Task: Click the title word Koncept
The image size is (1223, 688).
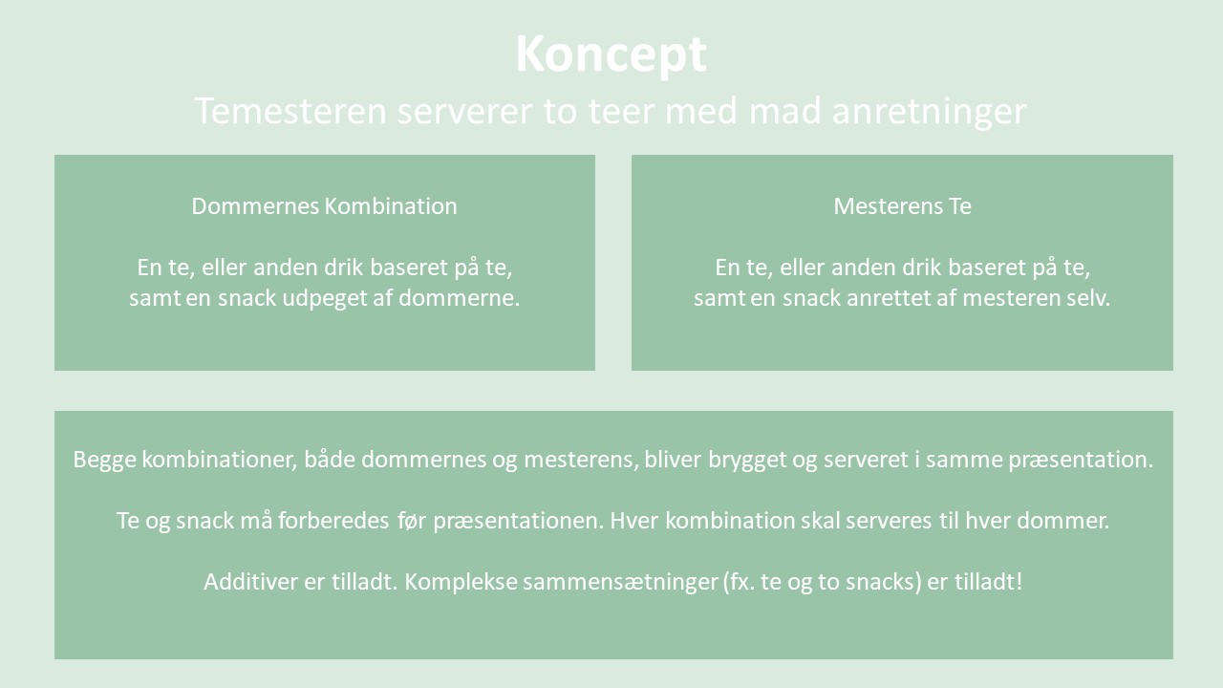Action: click(611, 54)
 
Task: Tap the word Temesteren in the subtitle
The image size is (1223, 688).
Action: click(290, 111)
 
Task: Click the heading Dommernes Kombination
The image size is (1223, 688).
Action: click(324, 206)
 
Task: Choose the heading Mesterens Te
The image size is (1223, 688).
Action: click(903, 206)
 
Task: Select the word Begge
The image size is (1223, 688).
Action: click(104, 461)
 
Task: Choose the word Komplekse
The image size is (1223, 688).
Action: click(461, 583)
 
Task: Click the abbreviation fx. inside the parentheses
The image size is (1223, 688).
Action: click(742, 583)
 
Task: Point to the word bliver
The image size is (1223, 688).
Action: click(673, 460)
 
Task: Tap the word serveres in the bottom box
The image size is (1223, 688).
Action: click(889, 521)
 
